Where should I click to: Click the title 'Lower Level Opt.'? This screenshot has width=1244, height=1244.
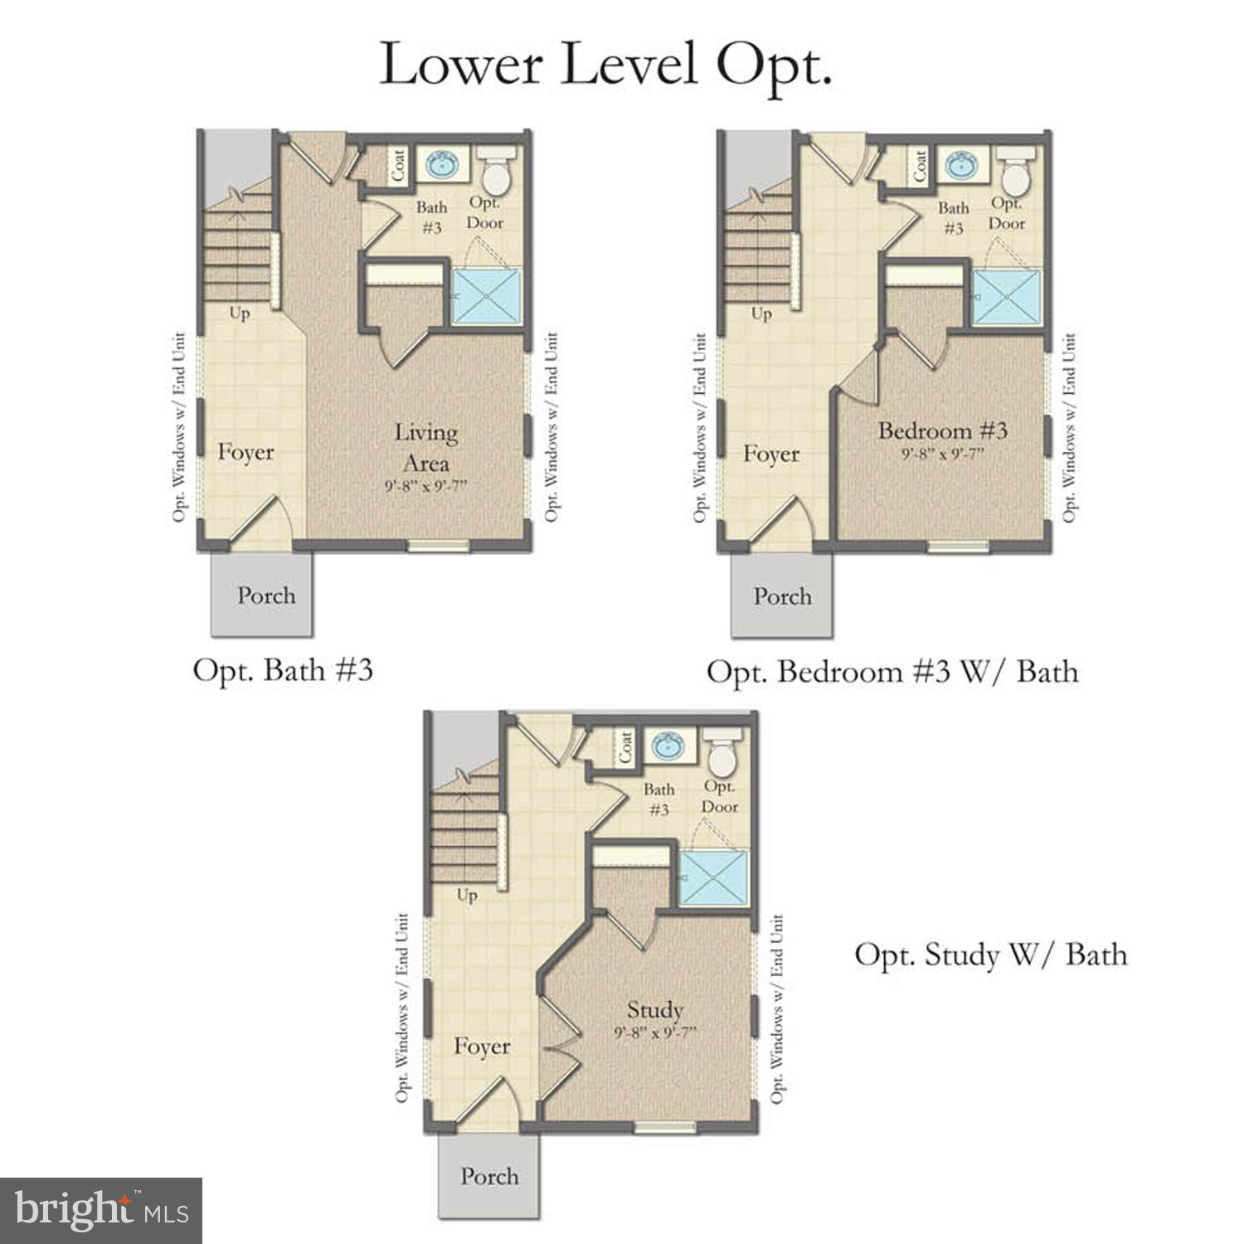(x=605, y=64)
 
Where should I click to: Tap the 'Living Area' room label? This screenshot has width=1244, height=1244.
(x=425, y=448)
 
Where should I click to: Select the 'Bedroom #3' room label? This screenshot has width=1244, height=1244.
(x=942, y=430)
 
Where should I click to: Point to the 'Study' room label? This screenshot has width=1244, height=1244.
(x=654, y=1009)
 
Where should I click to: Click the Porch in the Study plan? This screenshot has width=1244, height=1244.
(x=489, y=1176)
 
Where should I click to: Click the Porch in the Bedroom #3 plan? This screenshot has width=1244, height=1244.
(x=781, y=595)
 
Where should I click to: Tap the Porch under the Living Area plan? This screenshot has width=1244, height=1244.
(x=265, y=595)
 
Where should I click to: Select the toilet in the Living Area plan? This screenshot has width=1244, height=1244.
(x=497, y=172)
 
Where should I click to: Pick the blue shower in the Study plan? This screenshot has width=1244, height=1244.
(x=713, y=877)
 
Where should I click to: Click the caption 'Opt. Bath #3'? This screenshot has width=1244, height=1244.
(x=283, y=670)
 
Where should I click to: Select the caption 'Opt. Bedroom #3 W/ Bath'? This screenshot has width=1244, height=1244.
(x=892, y=671)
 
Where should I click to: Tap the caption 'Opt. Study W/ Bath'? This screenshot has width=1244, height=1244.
(x=990, y=955)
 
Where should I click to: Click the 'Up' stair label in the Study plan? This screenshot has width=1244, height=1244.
(x=467, y=895)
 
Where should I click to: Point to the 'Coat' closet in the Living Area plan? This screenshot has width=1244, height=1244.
(x=399, y=166)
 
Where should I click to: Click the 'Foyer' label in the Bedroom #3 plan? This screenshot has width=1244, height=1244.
(x=770, y=454)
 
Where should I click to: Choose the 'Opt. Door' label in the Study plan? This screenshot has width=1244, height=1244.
(x=719, y=796)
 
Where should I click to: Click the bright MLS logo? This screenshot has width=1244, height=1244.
(x=100, y=1210)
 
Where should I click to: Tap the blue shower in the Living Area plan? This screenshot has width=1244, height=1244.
(x=486, y=296)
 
